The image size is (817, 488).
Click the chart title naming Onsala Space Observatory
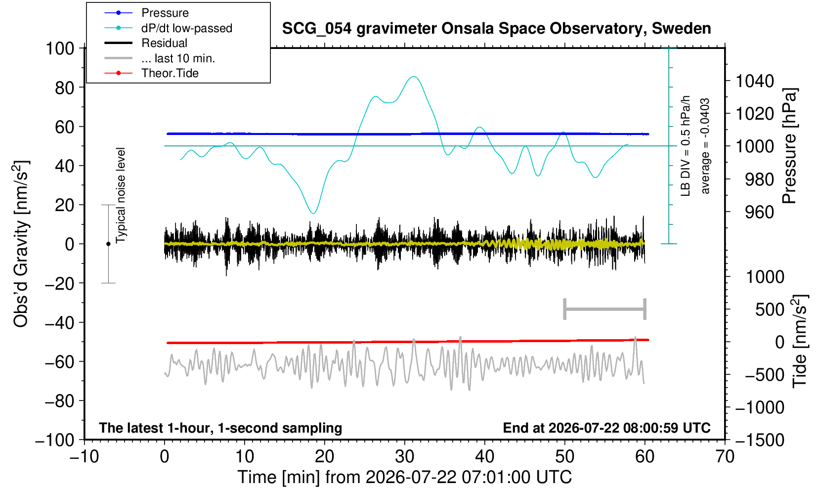(496, 29)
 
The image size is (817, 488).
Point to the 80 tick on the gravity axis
(65, 88)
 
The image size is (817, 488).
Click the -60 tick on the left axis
(59, 362)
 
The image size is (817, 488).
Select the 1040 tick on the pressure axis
(754, 81)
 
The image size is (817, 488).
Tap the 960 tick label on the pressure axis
(759, 212)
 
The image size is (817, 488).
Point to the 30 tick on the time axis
(404, 457)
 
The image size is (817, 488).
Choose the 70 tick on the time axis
(725, 457)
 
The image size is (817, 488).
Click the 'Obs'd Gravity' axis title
(21, 244)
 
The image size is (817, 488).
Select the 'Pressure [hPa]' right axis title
(790, 146)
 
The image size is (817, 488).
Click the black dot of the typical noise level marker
(108, 244)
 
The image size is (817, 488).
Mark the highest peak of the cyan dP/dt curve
(413, 76)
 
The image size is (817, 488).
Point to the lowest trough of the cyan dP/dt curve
(313, 213)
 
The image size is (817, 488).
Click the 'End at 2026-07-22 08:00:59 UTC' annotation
(606, 428)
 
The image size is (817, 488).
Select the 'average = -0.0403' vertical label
(705, 146)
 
